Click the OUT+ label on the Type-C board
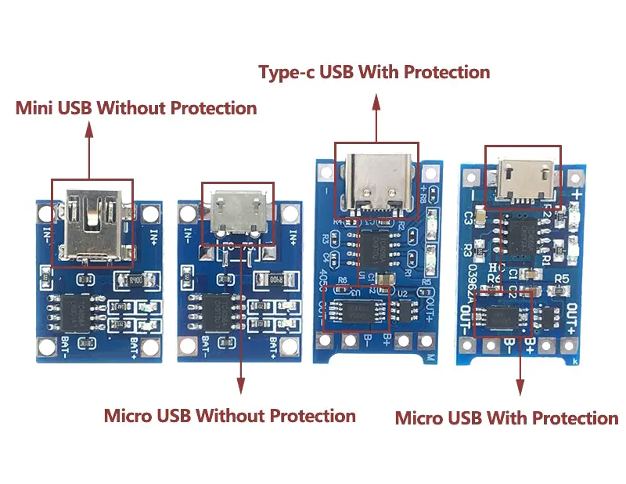[x=429, y=309]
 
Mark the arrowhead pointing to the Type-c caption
[x=376, y=100]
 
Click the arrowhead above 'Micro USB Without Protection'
[x=240, y=384]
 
